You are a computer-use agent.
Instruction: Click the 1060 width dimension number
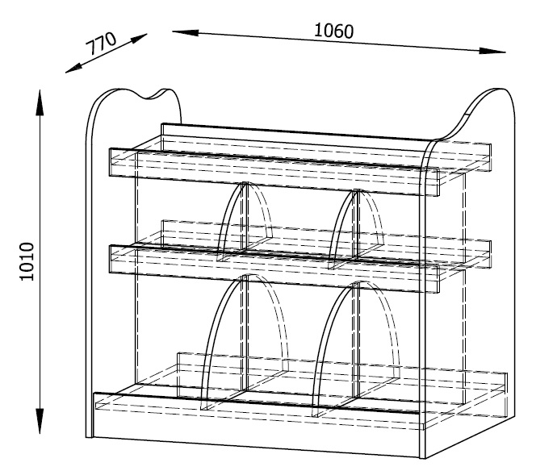tap(334, 31)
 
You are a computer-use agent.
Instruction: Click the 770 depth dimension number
tap(101, 44)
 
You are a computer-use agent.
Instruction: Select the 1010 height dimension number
tap(27, 261)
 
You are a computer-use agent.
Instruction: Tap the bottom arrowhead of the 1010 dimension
tap(40, 421)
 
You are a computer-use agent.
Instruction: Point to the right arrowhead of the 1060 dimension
tap(492, 51)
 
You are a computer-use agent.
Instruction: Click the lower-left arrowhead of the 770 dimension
tap(74, 69)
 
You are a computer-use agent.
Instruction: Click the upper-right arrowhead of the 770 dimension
tap(139, 38)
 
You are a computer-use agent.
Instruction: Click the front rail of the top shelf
tap(274, 172)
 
